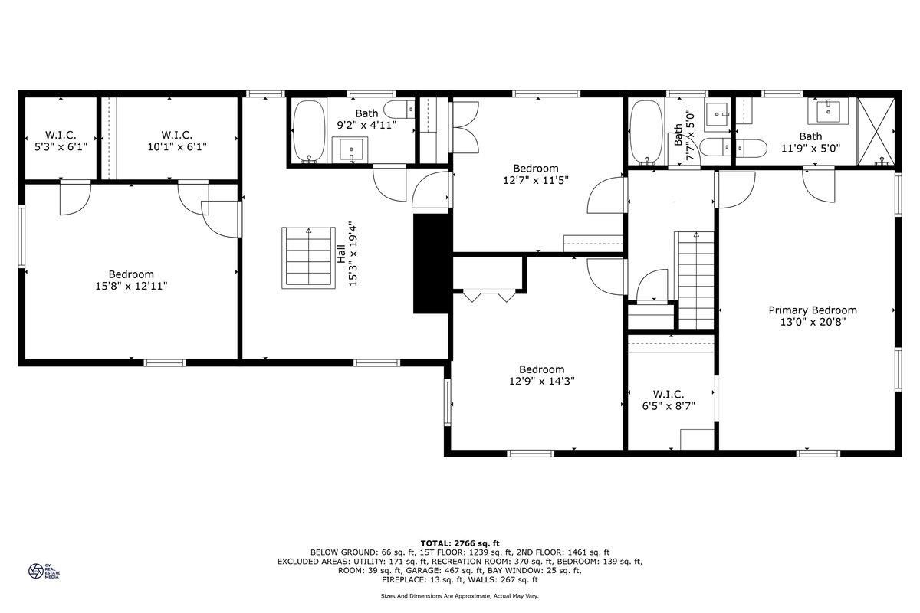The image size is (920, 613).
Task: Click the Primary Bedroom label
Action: [x=813, y=316]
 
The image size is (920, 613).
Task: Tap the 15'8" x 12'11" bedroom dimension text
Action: [x=131, y=286]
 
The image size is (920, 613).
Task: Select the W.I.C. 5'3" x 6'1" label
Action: [x=61, y=141]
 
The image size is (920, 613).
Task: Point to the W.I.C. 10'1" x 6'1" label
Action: [x=177, y=141]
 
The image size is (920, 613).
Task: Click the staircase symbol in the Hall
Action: [x=308, y=258]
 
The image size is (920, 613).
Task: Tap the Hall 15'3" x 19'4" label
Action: [x=347, y=254]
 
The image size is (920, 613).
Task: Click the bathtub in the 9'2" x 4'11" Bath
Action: [x=309, y=131]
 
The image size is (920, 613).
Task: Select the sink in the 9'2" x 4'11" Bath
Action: [x=350, y=149]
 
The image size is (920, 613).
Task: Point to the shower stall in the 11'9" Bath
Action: [x=876, y=131]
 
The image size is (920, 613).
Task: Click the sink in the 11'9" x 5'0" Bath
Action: [x=829, y=111]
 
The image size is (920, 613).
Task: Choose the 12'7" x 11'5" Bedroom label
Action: [x=536, y=174]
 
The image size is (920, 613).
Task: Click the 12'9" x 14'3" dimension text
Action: [x=542, y=381]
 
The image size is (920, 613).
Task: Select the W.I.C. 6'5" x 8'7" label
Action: [x=669, y=400]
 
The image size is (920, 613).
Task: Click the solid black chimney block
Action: [x=431, y=264]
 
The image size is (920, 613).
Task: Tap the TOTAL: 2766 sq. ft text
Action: [x=460, y=543]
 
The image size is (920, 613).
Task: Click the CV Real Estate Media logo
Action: [x=44, y=571]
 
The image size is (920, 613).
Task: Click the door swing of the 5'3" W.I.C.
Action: [x=76, y=198]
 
